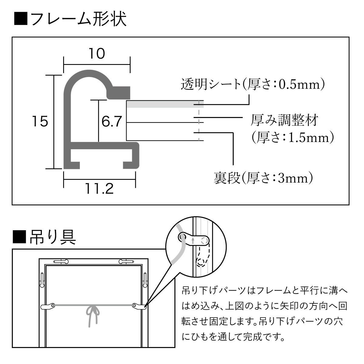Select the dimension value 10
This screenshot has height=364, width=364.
pyautogui.click(x=97, y=54)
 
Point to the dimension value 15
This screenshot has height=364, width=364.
pyautogui.click(x=40, y=122)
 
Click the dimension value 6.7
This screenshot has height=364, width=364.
pyautogui.click(x=112, y=122)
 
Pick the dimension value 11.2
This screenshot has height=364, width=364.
pyautogui.click(x=99, y=189)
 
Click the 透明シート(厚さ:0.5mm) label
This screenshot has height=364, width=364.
pyautogui.click(x=253, y=84)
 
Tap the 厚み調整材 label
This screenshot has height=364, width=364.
pyautogui.click(x=284, y=120)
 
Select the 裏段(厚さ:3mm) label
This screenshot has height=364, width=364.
pyautogui.click(x=263, y=178)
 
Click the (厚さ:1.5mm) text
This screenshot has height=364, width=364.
pyautogui.click(x=292, y=137)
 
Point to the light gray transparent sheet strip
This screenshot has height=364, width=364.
pyautogui.click(x=164, y=104)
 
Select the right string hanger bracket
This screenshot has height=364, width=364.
pyautogui.click(x=139, y=306)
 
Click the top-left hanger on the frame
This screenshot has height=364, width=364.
pyautogui.click(x=61, y=261)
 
